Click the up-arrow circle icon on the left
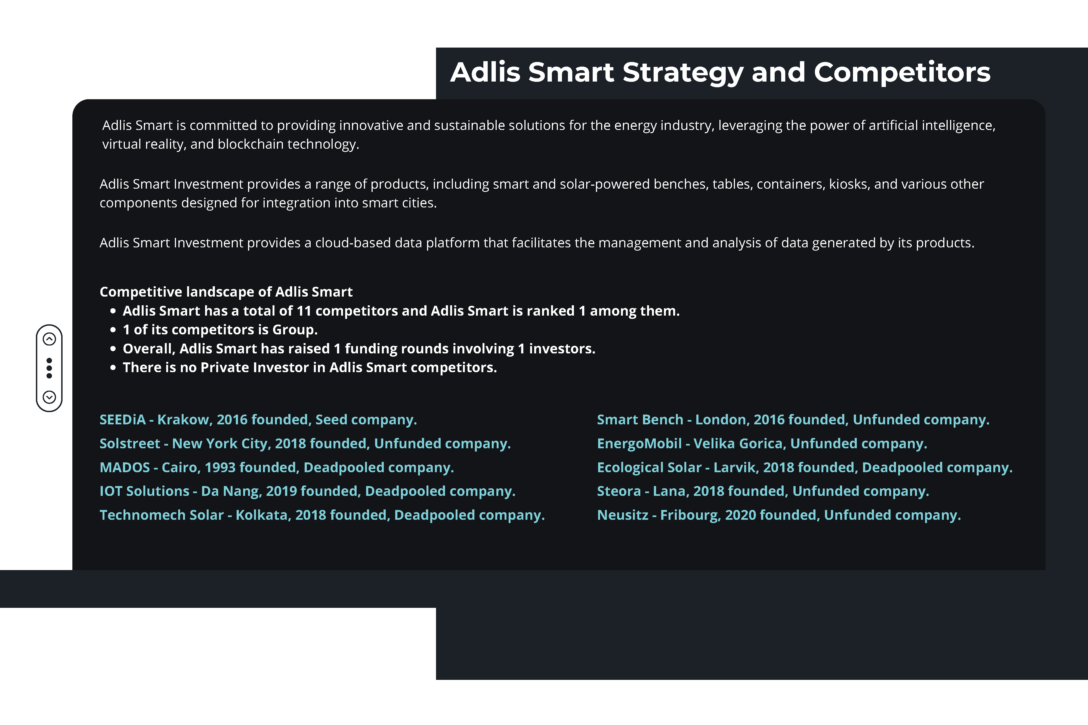(50, 339)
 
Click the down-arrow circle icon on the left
(50, 397)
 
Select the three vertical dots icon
(50, 368)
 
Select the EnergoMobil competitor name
(639, 444)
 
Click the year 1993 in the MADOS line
(220, 468)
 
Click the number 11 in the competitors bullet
(304, 311)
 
